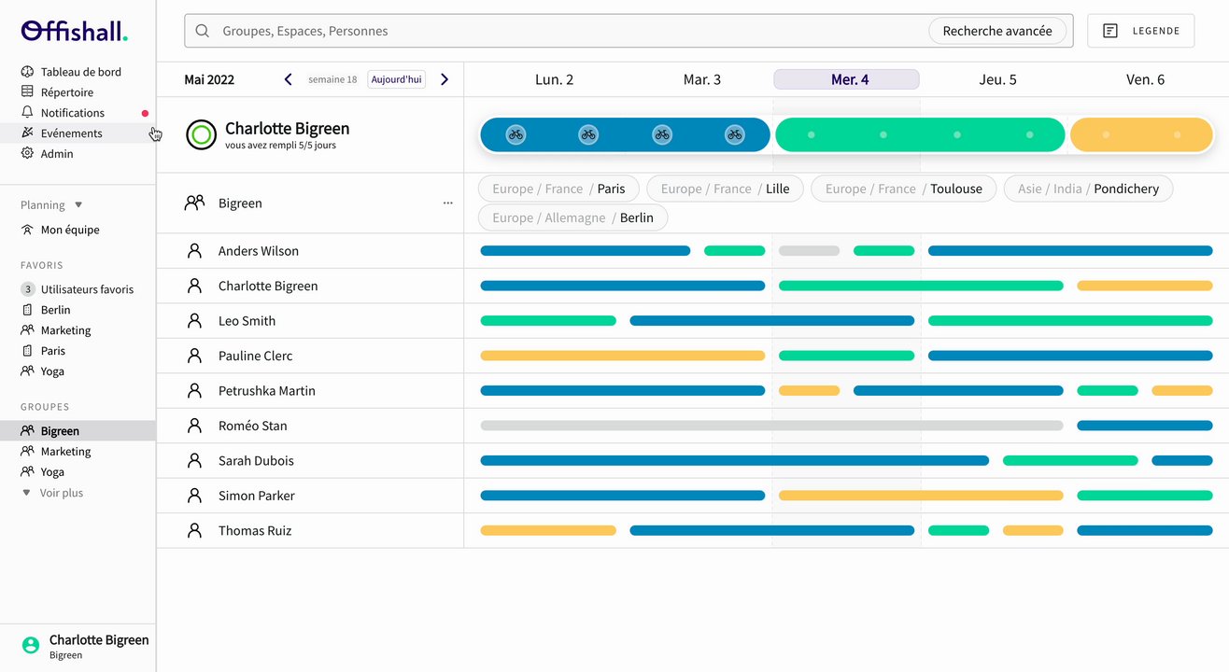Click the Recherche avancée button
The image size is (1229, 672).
point(996,31)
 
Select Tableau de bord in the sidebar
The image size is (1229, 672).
point(80,72)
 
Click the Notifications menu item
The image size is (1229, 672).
point(72,113)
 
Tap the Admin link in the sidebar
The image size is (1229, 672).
point(56,154)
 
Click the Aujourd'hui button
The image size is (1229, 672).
point(396,79)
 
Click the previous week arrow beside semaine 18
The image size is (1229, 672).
point(289,79)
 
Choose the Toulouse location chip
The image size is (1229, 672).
point(903,189)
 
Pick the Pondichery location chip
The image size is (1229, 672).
point(1088,189)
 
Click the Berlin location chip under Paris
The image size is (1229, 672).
point(572,217)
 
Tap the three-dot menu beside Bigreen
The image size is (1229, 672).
point(448,203)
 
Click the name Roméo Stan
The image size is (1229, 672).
point(252,426)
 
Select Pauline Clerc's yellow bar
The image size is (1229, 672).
point(622,356)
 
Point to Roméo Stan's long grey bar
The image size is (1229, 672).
point(771,426)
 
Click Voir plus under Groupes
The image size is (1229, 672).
point(61,493)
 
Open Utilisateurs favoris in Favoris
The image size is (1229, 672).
point(87,289)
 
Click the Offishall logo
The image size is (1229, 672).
point(74,31)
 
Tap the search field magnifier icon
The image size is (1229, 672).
point(202,31)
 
